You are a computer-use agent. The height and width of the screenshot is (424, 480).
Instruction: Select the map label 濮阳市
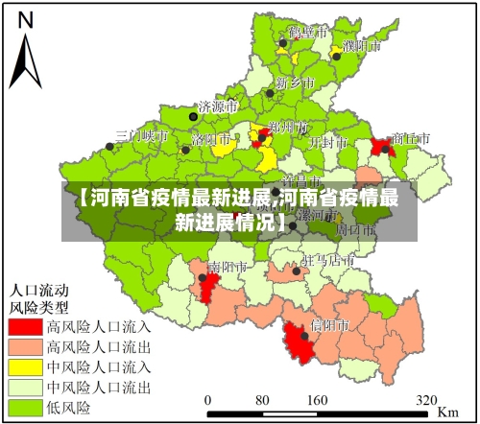tap(361, 44)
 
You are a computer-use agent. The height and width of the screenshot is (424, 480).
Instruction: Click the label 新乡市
tap(295, 82)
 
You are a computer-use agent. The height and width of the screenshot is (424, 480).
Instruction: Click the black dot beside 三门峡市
tap(109, 147)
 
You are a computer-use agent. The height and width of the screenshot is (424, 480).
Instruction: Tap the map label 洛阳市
tap(211, 139)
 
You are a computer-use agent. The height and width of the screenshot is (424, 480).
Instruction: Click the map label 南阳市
tap(228, 265)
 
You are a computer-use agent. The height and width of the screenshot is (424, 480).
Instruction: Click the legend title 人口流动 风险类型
tap(40, 298)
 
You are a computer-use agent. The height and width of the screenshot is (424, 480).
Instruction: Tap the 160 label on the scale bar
tap(316, 400)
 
